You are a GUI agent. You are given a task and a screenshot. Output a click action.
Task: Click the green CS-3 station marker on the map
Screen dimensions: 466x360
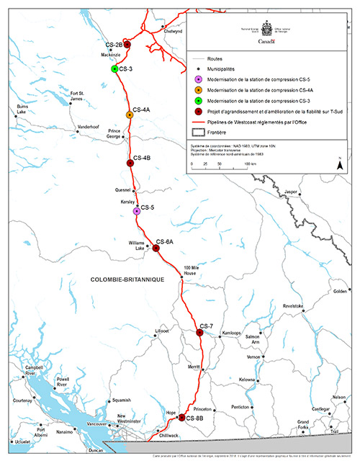(x=114, y=69)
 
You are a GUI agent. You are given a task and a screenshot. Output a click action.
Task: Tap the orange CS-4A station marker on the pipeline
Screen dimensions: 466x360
(x=130, y=115)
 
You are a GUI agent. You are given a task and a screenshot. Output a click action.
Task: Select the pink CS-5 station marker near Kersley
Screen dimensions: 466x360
(x=137, y=211)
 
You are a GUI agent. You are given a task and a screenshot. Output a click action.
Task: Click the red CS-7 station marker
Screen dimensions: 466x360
(x=199, y=333)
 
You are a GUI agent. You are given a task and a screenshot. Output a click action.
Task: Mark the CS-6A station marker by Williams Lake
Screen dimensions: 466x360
(x=156, y=248)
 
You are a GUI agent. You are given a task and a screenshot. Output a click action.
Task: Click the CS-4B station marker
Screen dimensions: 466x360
(x=130, y=163)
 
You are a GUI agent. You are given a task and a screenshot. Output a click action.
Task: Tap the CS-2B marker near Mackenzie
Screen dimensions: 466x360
(x=127, y=45)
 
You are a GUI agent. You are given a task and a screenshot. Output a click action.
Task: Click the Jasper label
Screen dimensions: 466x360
(x=291, y=192)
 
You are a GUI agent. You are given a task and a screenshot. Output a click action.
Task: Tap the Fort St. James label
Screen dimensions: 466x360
(x=77, y=97)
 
